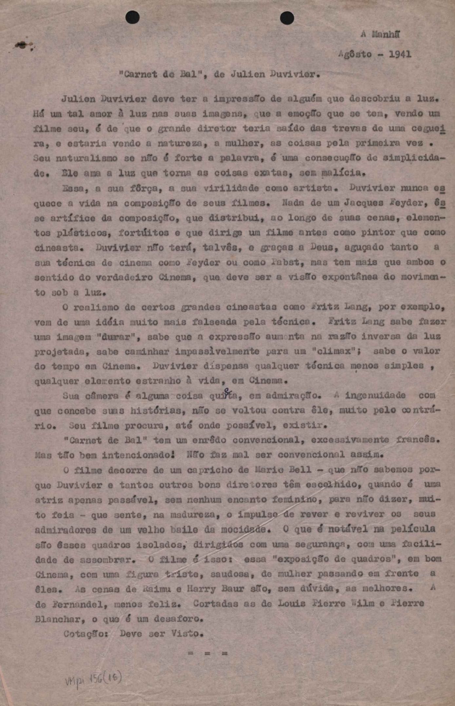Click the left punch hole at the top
click(x=132, y=17)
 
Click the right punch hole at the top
click(x=287, y=18)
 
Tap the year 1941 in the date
click(x=400, y=54)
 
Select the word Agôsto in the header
click(x=355, y=54)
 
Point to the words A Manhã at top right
click(x=380, y=34)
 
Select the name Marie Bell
click(x=283, y=470)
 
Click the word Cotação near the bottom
click(x=86, y=634)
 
